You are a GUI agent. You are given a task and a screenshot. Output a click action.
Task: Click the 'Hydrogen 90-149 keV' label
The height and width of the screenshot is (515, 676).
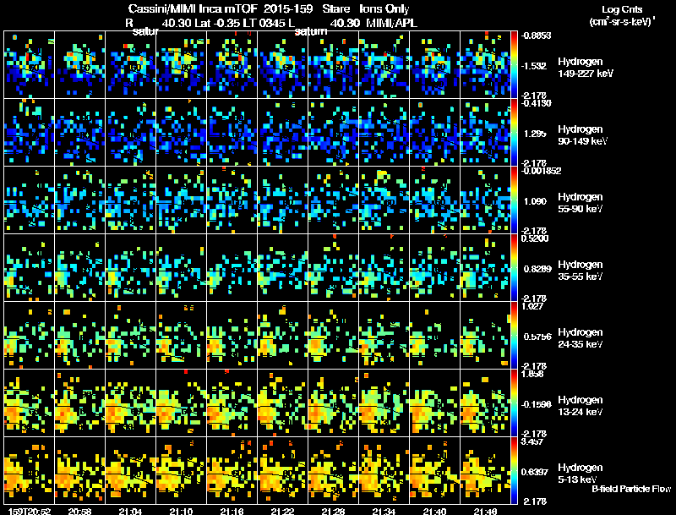tap(581, 135)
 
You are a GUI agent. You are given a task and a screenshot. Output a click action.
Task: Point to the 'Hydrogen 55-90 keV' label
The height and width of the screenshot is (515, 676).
tap(581, 203)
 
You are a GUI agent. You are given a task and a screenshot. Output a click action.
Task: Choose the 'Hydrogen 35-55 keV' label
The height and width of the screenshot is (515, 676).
tap(581, 271)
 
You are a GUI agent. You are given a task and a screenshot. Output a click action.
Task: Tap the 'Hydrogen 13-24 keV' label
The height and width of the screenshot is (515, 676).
tap(581, 406)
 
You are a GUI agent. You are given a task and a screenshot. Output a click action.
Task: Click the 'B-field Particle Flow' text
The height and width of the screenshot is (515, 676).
tap(630, 489)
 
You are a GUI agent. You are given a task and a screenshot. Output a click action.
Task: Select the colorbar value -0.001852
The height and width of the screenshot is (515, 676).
tap(541, 172)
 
